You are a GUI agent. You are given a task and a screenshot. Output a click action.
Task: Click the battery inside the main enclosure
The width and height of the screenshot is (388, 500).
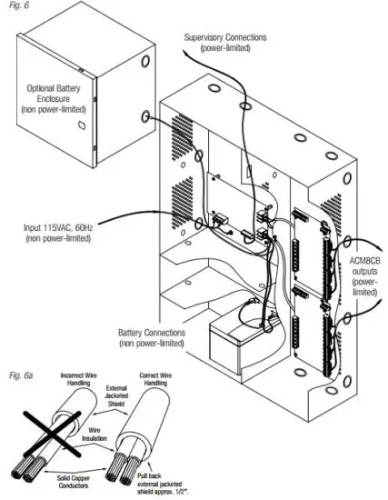tap(234, 344)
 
